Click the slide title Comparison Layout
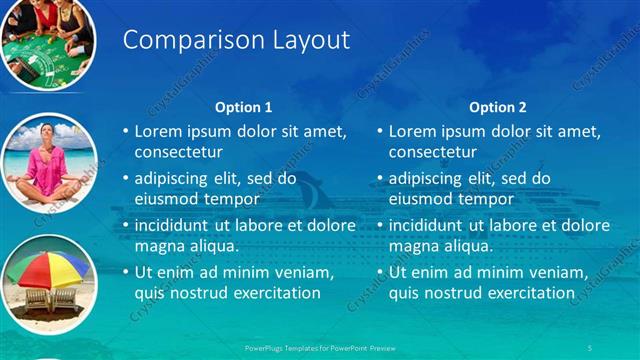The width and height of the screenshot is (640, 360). pyautogui.click(x=235, y=40)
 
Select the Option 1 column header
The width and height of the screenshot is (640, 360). pyautogui.click(x=243, y=107)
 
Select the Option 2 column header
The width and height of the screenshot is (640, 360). pyautogui.click(x=497, y=107)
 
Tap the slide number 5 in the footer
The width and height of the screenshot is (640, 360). pyautogui.click(x=589, y=346)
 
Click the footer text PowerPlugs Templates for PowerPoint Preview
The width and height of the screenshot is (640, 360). pyautogui.click(x=319, y=346)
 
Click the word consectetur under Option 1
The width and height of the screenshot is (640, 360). pyautogui.click(x=178, y=152)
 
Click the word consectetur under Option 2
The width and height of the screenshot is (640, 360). pyautogui.click(x=432, y=152)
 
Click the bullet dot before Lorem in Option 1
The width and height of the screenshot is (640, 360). pyautogui.click(x=126, y=132)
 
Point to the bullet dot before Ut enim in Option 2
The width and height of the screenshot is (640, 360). pyautogui.click(x=380, y=272)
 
